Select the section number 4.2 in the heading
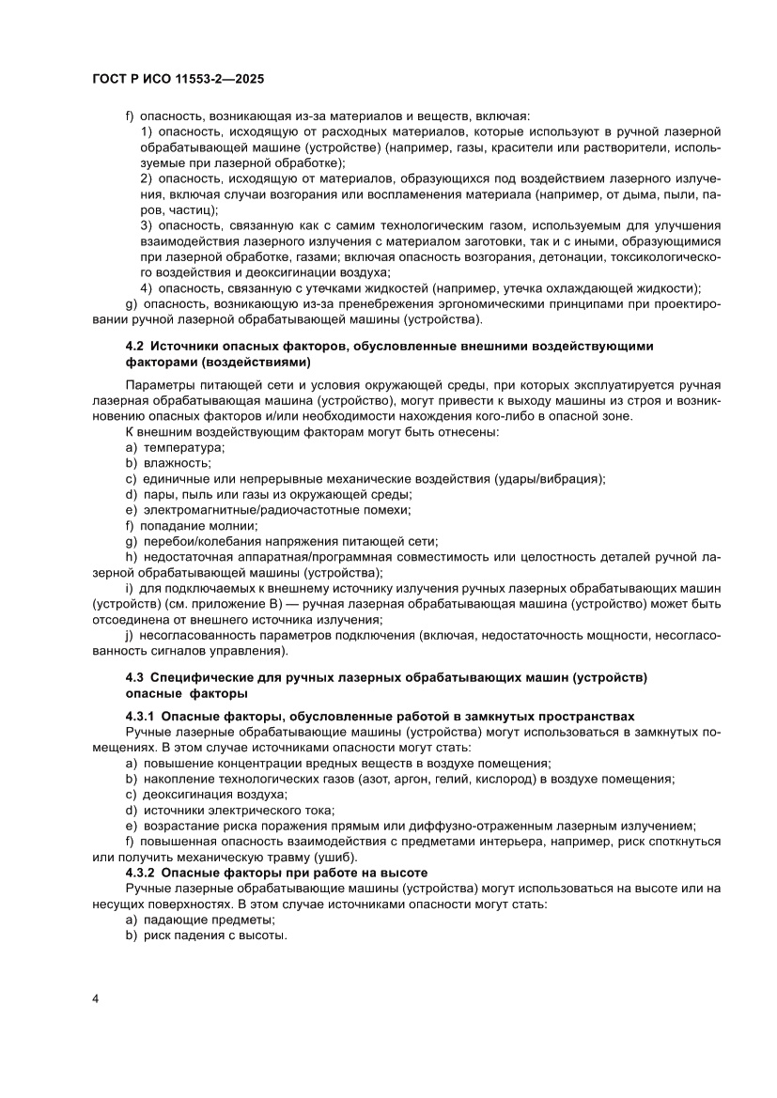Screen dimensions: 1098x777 [x=134, y=346]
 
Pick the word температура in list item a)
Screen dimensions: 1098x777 [x=177, y=448]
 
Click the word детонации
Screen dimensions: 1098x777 [x=571, y=256]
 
